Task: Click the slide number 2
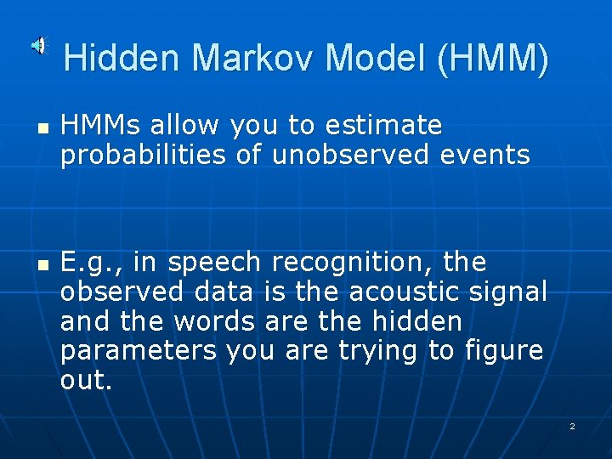click(572, 426)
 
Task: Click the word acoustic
click(411, 292)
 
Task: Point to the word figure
click(503, 351)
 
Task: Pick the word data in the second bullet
click(224, 292)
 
